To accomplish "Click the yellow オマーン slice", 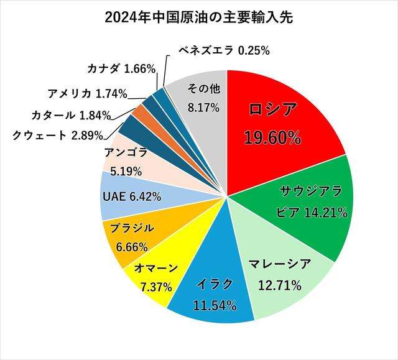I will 155,280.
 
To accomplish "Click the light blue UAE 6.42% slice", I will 131,196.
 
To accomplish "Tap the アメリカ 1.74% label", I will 87,95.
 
